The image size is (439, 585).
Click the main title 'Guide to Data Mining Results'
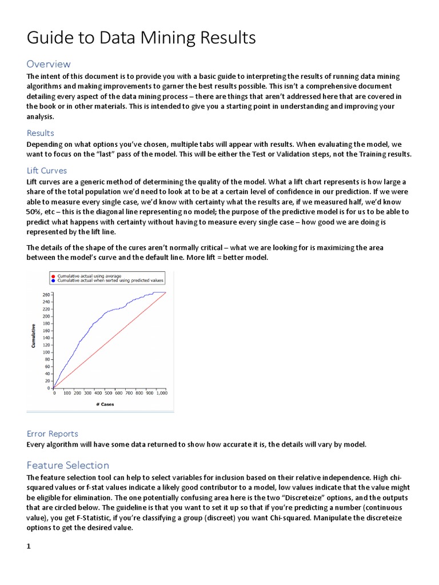point(141,38)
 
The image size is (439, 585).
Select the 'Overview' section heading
point(49,64)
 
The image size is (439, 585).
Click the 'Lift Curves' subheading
point(47,170)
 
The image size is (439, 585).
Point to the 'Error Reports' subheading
point(53,434)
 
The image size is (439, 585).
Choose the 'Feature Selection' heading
point(68,465)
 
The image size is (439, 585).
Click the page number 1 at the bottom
point(29,546)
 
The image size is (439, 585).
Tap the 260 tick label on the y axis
point(46,294)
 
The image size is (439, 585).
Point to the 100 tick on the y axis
point(46,352)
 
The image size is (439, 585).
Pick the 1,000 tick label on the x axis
point(161,393)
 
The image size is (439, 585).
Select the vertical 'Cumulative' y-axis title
point(34,336)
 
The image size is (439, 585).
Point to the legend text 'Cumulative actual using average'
point(85,276)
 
